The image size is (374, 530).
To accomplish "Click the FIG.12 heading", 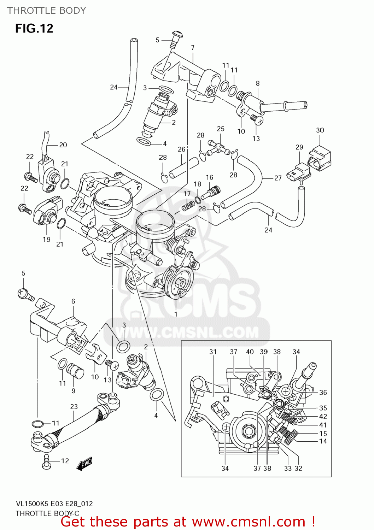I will pyautogui.click(x=34, y=28).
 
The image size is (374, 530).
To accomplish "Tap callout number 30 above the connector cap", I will pyautogui.click(x=320, y=130).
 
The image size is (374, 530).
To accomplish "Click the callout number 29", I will pyautogui.click(x=299, y=147).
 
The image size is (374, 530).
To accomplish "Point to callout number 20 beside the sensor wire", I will pyautogui.click(x=63, y=145).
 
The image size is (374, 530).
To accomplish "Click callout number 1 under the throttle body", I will pyautogui.click(x=176, y=314).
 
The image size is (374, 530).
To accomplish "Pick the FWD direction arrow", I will pyautogui.click(x=84, y=464).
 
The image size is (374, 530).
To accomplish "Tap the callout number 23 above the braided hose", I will pyautogui.click(x=74, y=407).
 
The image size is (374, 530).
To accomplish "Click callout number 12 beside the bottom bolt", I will pyautogui.click(x=65, y=461).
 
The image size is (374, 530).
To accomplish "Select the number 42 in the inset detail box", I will pyautogui.click(x=323, y=417).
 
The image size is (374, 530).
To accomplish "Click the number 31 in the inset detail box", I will pyautogui.click(x=213, y=352).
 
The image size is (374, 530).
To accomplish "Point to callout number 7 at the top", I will pyautogui.click(x=193, y=47).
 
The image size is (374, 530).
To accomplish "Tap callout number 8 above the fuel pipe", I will pyautogui.click(x=258, y=83).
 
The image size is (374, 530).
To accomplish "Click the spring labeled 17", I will pyautogui.click(x=188, y=205).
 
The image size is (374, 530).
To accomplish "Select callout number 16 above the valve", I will pyautogui.click(x=210, y=177).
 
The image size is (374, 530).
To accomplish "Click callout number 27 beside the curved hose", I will pyautogui.click(x=278, y=178).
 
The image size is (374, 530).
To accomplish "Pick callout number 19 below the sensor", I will pyautogui.click(x=47, y=240).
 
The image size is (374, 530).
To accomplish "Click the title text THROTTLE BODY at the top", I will pyautogui.click(x=47, y=11).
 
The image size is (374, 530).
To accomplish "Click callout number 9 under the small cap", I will pyautogui.click(x=74, y=391).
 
